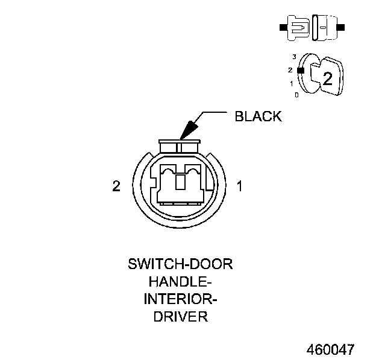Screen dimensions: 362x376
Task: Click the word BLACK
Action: click(x=257, y=116)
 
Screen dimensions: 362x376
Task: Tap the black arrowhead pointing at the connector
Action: click(x=187, y=129)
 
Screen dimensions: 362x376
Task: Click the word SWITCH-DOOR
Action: click(x=180, y=265)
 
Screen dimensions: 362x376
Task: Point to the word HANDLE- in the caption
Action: click(x=180, y=282)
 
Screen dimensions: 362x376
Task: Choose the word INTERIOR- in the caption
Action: click(x=180, y=300)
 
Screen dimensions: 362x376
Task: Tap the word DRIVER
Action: click(x=180, y=317)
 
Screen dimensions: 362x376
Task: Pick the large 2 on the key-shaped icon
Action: click(x=327, y=78)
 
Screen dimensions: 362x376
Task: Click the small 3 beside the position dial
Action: click(x=294, y=57)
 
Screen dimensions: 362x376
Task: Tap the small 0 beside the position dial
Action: click(x=296, y=95)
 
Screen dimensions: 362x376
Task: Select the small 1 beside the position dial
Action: click(x=292, y=83)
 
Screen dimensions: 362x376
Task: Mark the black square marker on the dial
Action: click(x=301, y=70)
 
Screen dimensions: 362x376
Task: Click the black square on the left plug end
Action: click(x=283, y=28)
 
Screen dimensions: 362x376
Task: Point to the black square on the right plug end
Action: click(x=341, y=28)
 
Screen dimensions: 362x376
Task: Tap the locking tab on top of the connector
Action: click(x=180, y=147)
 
